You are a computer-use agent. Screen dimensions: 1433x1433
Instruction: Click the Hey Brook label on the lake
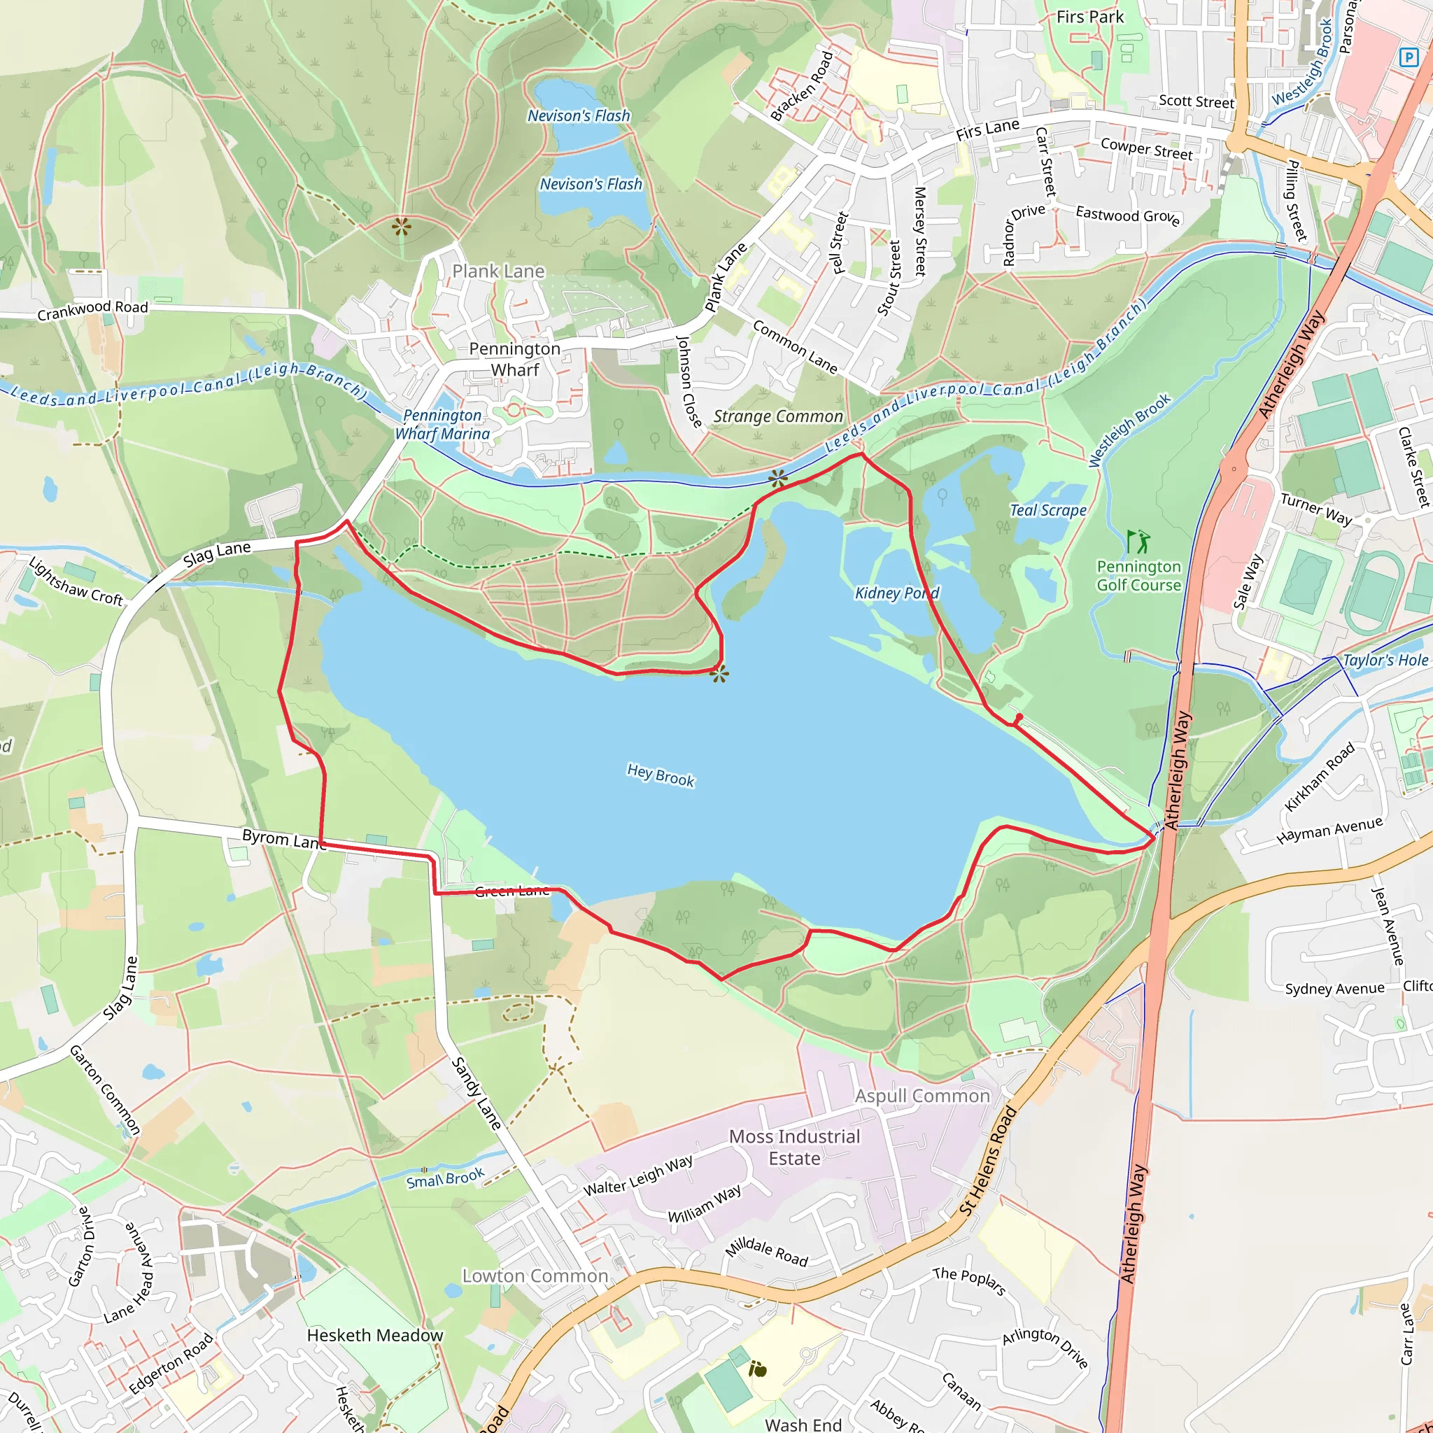660,775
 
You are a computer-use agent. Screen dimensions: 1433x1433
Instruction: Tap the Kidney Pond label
897,593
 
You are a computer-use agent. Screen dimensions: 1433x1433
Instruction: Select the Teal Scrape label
1047,510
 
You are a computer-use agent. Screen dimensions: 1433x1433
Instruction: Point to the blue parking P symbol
1407,57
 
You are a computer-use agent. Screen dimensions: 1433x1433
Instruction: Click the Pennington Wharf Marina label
442,425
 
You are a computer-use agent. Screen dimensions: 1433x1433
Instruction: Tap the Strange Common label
777,417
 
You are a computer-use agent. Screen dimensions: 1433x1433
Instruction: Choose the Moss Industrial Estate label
793,1148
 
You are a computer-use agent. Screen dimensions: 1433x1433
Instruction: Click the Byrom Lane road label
283,840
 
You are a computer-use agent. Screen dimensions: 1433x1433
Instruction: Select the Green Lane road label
511,891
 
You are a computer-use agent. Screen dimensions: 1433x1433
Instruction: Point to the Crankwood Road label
93,310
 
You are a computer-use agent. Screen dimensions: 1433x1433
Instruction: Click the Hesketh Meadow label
374,1335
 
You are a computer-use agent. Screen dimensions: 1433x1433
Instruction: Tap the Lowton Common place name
535,1276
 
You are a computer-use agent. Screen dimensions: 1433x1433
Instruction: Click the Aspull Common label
922,1096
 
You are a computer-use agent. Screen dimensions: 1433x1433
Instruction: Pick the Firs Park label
1089,17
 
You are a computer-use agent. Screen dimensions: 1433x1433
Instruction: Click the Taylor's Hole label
1385,660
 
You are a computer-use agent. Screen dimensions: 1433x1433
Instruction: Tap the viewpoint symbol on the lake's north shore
719,675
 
